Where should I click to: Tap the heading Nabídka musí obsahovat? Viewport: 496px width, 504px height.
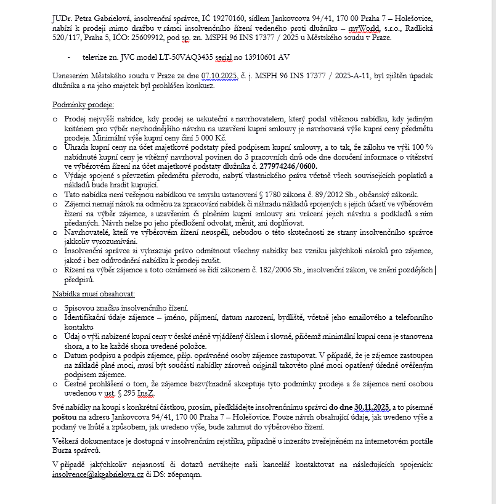(94, 295)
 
